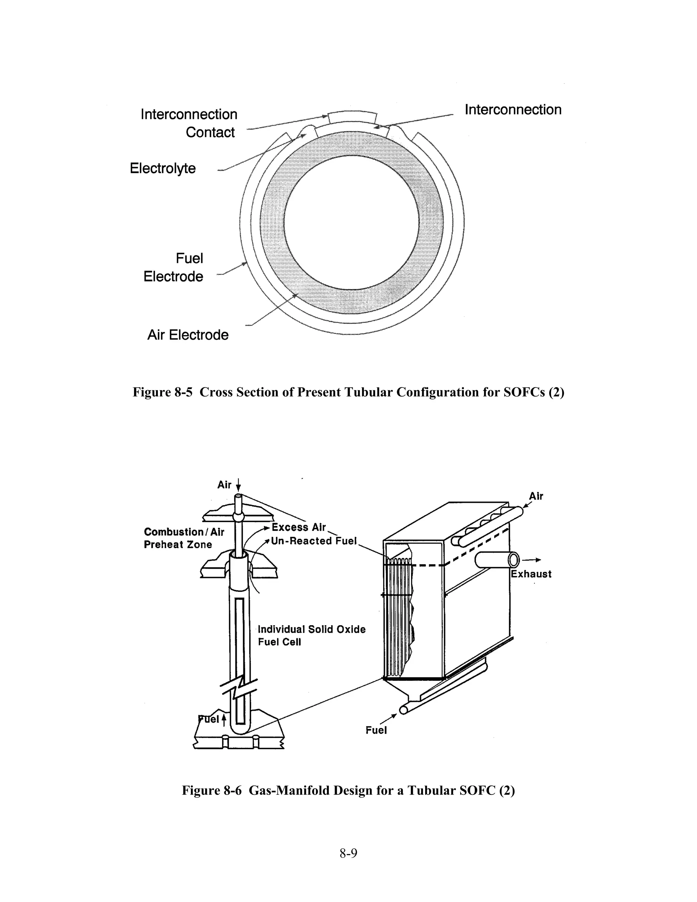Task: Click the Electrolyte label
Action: click(163, 168)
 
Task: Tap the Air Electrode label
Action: click(188, 335)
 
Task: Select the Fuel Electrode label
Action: click(174, 268)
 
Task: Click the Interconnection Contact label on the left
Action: click(189, 123)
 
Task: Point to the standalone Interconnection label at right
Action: click(513, 110)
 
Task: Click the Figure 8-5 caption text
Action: click(348, 392)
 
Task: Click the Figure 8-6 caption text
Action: click(348, 790)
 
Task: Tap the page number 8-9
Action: click(348, 853)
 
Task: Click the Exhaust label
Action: click(531, 574)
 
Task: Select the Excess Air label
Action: click(298, 527)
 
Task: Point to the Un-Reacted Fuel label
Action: click(313, 541)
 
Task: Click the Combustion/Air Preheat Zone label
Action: click(183, 538)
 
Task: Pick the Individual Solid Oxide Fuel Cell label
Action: click(311, 635)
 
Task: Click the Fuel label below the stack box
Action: click(376, 730)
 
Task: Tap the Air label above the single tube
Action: click(224, 485)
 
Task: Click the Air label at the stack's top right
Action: click(536, 496)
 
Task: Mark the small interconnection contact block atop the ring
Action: click(352, 117)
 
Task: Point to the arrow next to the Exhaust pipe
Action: click(532, 560)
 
